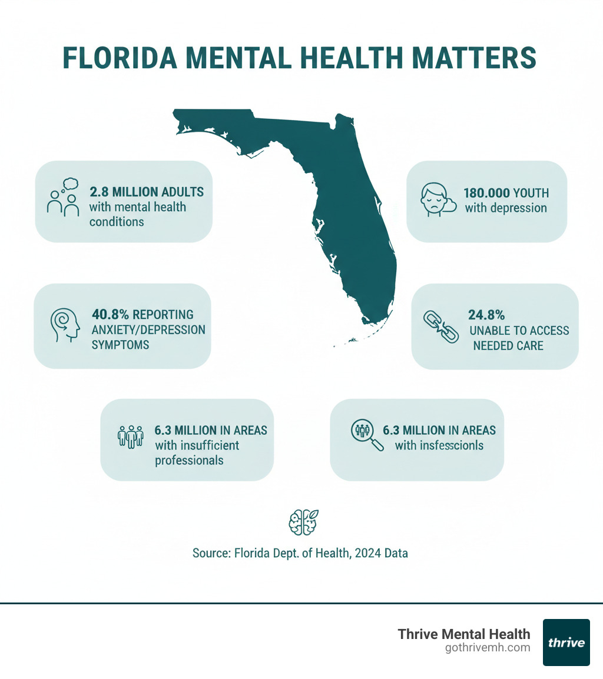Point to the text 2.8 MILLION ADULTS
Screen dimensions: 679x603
(x=147, y=192)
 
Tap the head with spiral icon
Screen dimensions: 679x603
(x=64, y=325)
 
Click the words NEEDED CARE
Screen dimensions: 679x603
(x=508, y=345)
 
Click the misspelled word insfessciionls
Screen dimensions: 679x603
(x=451, y=445)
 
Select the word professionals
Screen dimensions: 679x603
(x=189, y=460)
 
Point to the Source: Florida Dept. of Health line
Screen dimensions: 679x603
(x=300, y=553)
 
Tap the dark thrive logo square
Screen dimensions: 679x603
(x=566, y=642)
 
